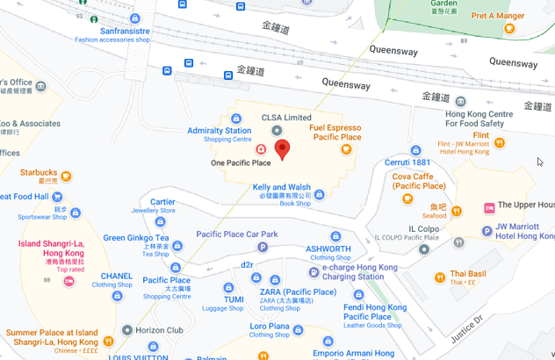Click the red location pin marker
[282, 149]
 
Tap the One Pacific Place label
[241, 163]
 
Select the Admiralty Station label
[220, 131]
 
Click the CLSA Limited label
[286, 118]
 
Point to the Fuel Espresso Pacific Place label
[335, 133]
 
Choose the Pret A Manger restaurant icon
[509, 28]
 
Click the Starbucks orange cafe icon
[66, 176]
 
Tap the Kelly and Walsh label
[281, 187]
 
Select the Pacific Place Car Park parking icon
[263, 248]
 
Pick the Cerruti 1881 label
[408, 162]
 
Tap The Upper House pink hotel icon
[489, 207]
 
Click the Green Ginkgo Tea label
[136, 238]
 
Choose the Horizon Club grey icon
[127, 330]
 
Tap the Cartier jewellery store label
[162, 202]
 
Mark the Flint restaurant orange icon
[500, 141]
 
